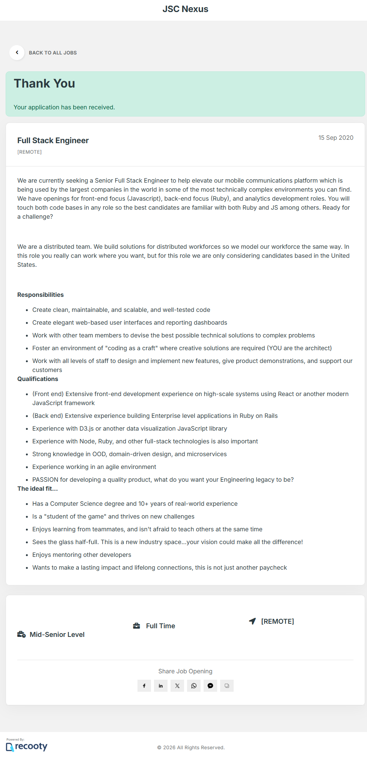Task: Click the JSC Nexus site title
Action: tap(185, 9)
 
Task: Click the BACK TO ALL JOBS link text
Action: tap(53, 53)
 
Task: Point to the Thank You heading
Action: tap(44, 83)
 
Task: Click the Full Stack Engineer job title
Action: tap(53, 141)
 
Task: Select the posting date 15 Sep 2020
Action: tap(335, 138)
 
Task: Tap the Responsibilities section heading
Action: tap(41, 295)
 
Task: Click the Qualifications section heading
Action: tap(38, 379)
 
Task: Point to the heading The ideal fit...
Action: tap(37, 489)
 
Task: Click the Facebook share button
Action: tap(144, 686)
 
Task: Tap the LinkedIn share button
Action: tap(161, 686)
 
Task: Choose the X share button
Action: tap(177, 686)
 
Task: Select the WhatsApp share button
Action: tap(194, 686)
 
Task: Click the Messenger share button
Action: tap(210, 686)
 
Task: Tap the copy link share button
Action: tap(227, 686)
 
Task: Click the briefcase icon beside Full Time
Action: tap(137, 626)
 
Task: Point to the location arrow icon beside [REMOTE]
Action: tap(252, 621)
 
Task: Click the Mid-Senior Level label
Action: tap(57, 635)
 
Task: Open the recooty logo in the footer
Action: tap(27, 746)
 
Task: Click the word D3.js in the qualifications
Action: tap(86, 429)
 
